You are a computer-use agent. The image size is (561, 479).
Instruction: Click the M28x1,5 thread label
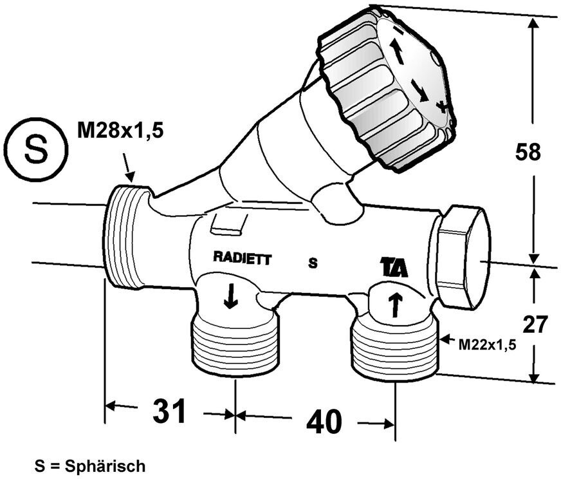[120, 131]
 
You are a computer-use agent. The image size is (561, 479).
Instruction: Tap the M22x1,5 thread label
[487, 345]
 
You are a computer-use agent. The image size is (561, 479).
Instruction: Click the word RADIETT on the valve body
[243, 259]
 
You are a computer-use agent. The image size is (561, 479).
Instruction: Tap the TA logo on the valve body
[394, 267]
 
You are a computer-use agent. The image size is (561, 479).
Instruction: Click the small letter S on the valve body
[313, 263]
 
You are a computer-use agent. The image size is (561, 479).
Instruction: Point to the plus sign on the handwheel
[442, 106]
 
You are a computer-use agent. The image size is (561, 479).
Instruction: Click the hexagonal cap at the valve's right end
[462, 256]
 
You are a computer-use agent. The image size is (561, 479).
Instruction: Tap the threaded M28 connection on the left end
[127, 235]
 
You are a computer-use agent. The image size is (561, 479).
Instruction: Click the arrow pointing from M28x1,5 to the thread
[129, 170]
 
